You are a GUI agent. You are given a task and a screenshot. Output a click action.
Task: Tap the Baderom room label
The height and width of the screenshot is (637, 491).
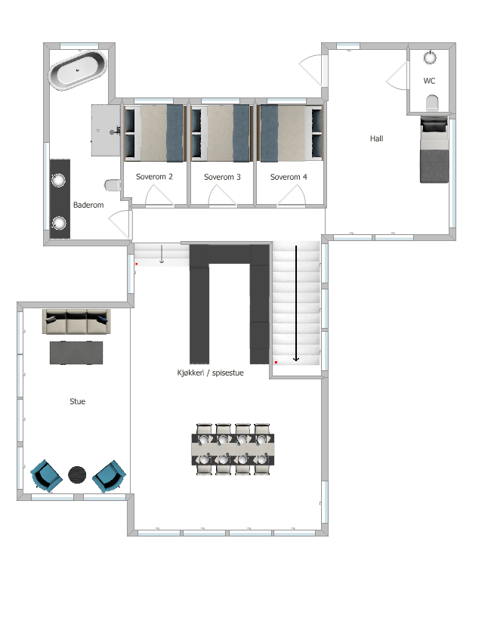pos(88,205)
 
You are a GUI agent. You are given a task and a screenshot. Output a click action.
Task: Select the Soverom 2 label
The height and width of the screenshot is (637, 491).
pos(154,177)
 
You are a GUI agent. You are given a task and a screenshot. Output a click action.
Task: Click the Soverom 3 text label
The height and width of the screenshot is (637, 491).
pos(222,177)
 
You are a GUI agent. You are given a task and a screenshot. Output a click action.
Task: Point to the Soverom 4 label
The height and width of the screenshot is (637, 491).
pos(289,177)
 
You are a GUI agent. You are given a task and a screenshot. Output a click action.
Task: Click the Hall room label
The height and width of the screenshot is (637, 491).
pos(377,138)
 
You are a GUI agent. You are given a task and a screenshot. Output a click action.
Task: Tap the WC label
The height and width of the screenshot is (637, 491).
pos(429,80)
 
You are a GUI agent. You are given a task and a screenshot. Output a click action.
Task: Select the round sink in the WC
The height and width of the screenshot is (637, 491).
pos(431,57)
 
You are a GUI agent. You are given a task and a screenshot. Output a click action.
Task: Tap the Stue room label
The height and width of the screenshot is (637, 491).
pos(77,401)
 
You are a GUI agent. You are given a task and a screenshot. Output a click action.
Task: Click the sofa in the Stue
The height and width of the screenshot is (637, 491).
pos(76,323)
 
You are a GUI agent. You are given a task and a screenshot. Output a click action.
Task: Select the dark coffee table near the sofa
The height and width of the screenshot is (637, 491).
pos(76,353)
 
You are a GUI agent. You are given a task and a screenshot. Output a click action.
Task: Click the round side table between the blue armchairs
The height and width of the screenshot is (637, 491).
pos(78,475)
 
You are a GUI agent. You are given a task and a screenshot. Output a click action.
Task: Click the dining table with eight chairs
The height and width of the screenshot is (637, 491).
pos(233,449)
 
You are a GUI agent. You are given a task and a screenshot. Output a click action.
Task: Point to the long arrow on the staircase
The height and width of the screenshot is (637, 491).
pos(296,302)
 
